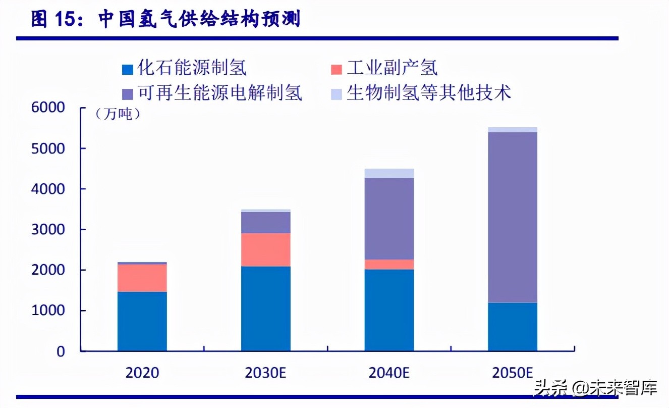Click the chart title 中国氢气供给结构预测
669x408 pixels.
199,19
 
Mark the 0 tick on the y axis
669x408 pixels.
61,351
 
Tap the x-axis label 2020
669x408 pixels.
142,373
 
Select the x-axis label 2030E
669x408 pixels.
265,373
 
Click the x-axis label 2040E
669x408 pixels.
389,373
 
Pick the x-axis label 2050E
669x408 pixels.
512,373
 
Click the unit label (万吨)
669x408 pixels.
117,115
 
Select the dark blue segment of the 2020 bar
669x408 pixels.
142,321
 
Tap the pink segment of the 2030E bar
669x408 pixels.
265,249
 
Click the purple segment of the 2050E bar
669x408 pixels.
512,217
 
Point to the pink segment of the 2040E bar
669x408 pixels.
389,265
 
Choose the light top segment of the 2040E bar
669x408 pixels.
389,173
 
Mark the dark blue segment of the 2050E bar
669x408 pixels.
512,327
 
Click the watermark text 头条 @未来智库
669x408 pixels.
595,388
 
